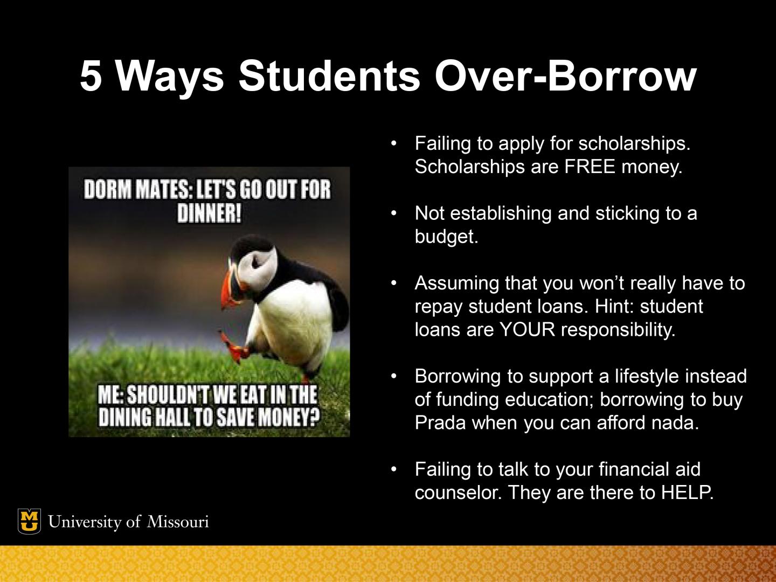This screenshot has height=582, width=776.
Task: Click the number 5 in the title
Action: coord(91,76)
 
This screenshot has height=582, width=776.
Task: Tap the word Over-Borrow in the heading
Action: coord(565,76)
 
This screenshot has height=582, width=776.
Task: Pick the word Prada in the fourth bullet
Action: coord(440,422)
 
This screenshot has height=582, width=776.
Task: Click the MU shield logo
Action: coord(29,521)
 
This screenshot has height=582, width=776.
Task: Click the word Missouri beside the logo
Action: coord(178,522)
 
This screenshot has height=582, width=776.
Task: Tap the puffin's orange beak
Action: coord(227,288)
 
